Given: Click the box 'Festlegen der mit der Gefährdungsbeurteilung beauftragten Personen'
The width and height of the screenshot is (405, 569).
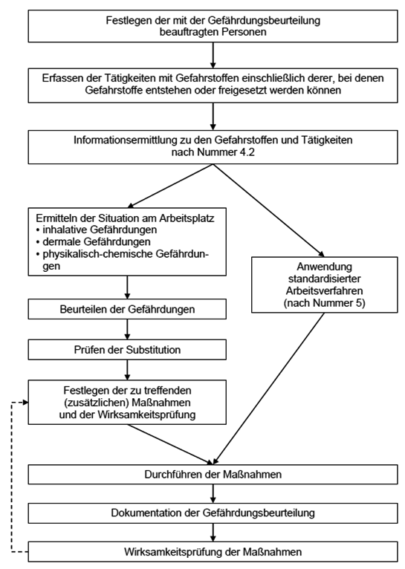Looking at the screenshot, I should click(213, 27).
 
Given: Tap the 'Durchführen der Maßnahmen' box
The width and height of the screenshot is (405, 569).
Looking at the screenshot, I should click(213, 473).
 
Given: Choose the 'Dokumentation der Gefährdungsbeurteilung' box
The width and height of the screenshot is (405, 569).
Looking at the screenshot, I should click(213, 513).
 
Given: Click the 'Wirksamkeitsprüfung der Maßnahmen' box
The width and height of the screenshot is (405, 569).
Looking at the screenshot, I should click(213, 552).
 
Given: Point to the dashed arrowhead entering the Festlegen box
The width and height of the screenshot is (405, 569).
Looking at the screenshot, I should click(27, 402).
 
